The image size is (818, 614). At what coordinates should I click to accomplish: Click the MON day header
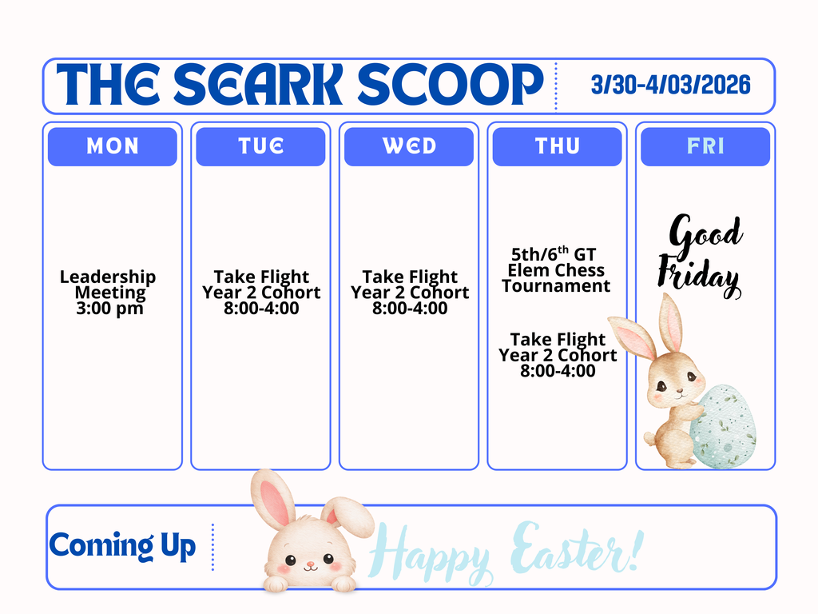(x=112, y=146)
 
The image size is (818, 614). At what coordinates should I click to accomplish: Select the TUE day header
(x=260, y=146)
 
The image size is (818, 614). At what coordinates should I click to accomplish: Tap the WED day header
(x=409, y=146)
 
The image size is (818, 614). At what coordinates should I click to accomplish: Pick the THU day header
(x=557, y=146)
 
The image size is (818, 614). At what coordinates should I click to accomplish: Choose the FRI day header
(x=705, y=146)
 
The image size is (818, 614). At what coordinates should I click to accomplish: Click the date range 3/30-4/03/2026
(x=670, y=85)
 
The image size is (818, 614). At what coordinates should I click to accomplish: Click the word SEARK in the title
(x=259, y=85)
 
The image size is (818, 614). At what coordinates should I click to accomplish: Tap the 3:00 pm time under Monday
(x=109, y=309)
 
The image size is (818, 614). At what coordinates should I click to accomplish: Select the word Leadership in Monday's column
(x=108, y=277)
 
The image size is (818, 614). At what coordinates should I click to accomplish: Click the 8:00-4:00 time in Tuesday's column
(x=261, y=309)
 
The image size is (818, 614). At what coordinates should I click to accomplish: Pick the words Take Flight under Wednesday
(x=410, y=277)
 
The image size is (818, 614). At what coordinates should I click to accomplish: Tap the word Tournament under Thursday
(x=556, y=286)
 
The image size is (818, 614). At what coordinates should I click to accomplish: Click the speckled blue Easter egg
(x=724, y=425)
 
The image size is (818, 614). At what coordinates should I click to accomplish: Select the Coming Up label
(x=122, y=546)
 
